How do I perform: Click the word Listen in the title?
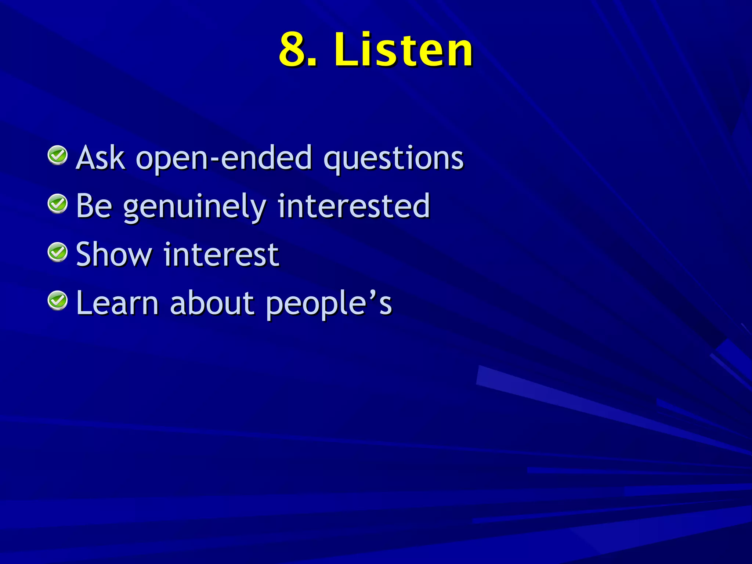tap(403, 50)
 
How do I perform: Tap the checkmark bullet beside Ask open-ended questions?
tap(58, 155)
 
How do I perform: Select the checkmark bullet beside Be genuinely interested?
tap(58, 204)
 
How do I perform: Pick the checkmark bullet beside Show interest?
tap(58, 252)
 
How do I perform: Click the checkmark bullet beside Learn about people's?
tap(58, 301)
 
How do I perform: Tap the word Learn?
tap(117, 303)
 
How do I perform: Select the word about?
tap(212, 303)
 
